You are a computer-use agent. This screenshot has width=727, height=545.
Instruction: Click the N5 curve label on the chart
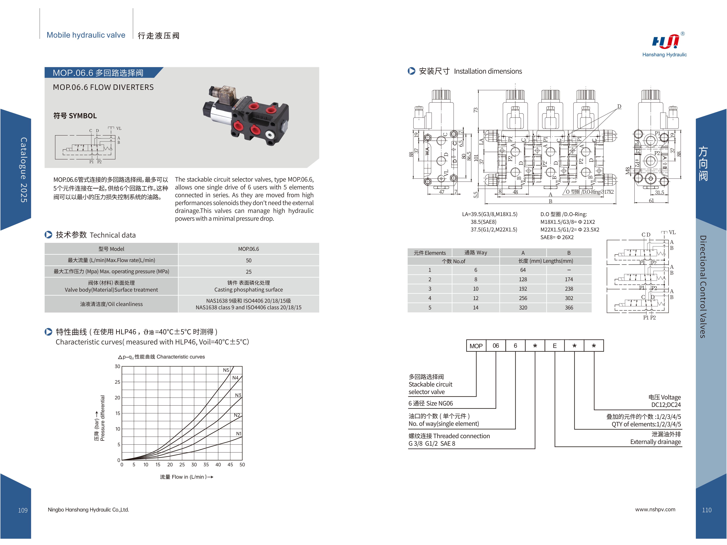click(226, 370)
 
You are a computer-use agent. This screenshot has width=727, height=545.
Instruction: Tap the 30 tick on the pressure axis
click(117, 366)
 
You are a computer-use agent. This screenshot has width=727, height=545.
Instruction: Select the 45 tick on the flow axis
click(230, 465)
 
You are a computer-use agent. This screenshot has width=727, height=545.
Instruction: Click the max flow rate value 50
click(248, 260)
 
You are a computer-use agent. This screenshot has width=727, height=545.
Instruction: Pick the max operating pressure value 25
click(248, 272)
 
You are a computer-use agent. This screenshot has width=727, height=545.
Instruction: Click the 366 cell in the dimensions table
click(569, 308)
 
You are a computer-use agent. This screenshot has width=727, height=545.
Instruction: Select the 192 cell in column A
click(523, 289)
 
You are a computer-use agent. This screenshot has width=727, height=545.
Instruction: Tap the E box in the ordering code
click(555, 346)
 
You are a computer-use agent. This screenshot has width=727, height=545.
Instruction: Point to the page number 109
click(23, 510)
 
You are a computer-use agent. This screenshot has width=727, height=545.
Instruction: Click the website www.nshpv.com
click(655, 509)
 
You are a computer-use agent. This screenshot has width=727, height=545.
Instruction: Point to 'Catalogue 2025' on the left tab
click(24, 170)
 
